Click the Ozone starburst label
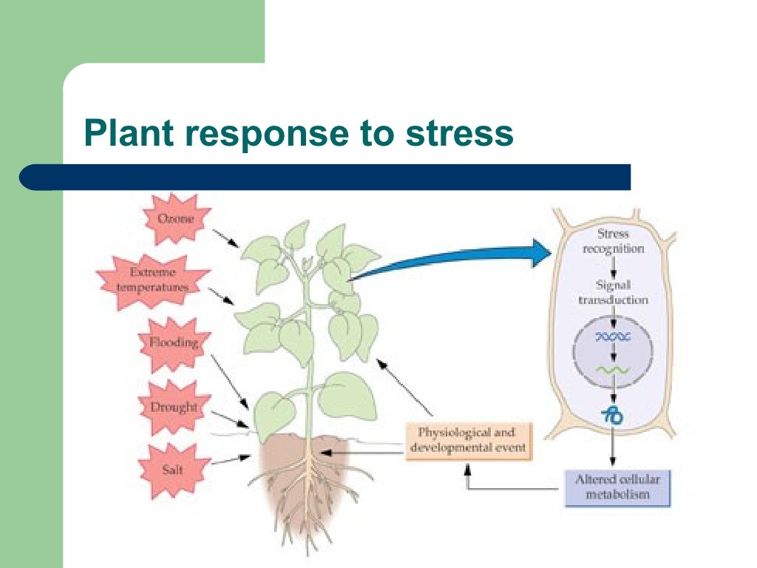point(176,219)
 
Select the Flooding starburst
point(174,343)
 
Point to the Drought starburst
point(174,407)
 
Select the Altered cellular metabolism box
point(617,487)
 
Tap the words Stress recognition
point(613,241)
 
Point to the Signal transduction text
point(613,292)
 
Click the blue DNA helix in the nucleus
point(613,337)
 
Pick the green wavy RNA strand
point(613,370)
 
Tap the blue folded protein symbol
point(613,416)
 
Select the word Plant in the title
point(129,135)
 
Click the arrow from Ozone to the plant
point(225,237)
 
